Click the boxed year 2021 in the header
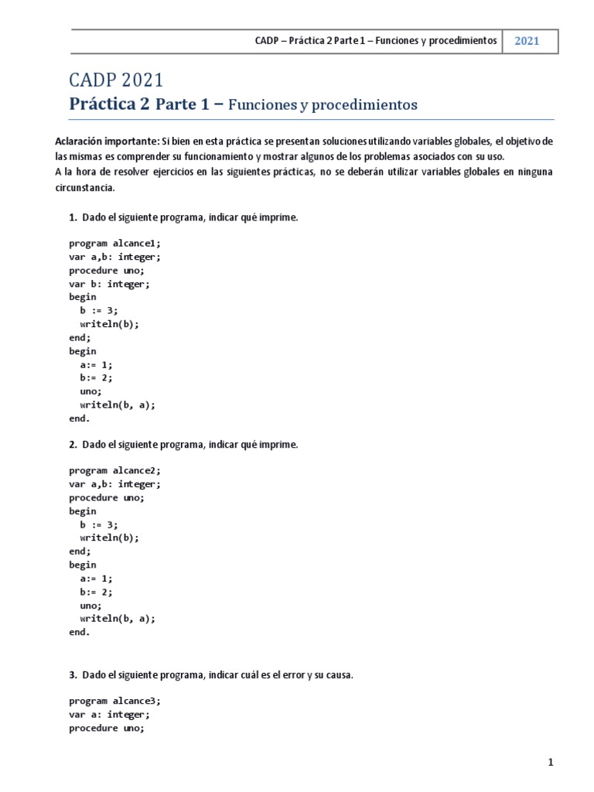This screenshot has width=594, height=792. [527, 41]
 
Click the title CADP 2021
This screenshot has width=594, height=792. [116, 80]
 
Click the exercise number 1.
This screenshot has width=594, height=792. [72, 218]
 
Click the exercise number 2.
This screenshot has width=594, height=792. [72, 445]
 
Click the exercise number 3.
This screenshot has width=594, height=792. [72, 675]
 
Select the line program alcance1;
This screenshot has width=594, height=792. [114, 243]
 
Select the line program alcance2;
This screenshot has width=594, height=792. [114, 470]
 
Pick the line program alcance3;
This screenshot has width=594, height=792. [114, 701]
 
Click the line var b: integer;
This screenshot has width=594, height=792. [109, 284]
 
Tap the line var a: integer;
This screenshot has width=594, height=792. [109, 715]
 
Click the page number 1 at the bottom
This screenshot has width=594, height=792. [551, 763]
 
